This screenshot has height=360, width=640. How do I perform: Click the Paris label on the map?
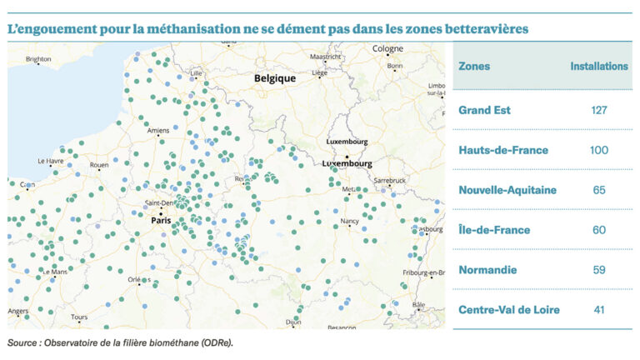pos(160,221)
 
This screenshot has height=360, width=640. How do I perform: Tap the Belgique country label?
pos(275,78)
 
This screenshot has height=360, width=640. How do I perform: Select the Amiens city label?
pos(158,131)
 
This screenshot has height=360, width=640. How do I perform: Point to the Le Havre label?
pos(51,160)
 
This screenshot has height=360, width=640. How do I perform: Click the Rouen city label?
pos(99,165)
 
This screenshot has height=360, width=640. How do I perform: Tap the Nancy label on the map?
pos(350,222)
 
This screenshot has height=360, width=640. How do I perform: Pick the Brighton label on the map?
pos(38,59)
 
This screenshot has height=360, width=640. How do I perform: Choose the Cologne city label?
pos(387,49)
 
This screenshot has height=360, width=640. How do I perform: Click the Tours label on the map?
pos(79,317)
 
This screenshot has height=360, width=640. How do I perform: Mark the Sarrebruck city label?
pos(389,180)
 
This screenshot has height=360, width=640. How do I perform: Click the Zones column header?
pos(474,66)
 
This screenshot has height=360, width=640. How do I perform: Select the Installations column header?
pos(599,66)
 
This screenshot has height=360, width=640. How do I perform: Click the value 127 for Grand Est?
pos(599,110)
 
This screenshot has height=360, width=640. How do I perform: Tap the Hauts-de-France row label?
pos(503,150)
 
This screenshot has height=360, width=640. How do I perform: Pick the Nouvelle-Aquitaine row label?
pos(507,190)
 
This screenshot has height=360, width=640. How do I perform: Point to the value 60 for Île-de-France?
pos(599,230)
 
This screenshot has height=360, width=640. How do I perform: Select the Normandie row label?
pos(487,270)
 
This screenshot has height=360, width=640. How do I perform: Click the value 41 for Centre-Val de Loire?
pos(599,310)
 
